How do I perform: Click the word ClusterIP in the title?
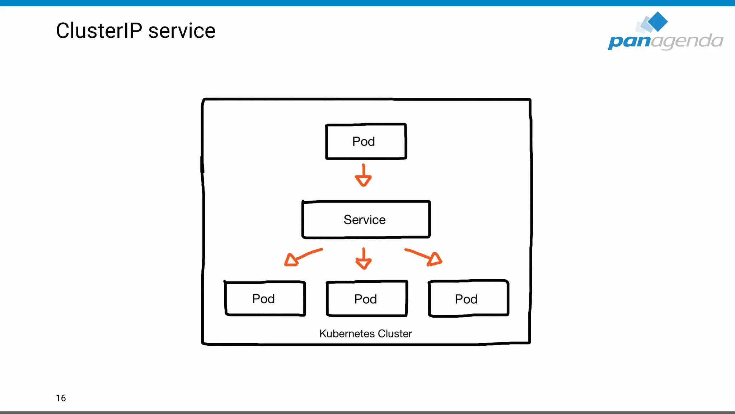[x=99, y=31]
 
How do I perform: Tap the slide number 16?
[x=61, y=398]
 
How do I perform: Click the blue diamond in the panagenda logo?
[x=657, y=22]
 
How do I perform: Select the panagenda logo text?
[x=665, y=41]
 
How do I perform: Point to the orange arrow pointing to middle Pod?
[x=364, y=258]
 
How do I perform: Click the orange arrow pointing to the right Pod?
[x=423, y=256]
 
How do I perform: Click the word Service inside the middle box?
[x=364, y=220]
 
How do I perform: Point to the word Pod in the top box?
[x=363, y=141]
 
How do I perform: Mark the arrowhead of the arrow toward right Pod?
[x=435, y=259]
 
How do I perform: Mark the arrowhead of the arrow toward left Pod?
[x=291, y=260]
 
